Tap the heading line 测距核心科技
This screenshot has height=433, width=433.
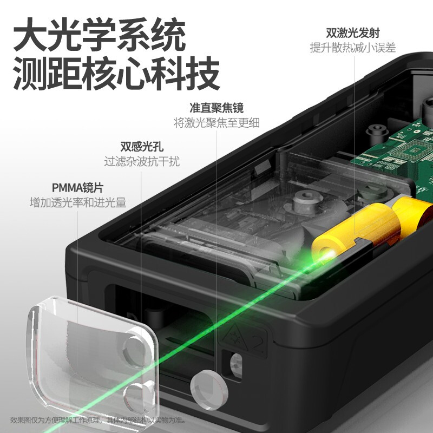click(x=116, y=75)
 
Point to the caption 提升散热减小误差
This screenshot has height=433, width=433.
click(x=352, y=47)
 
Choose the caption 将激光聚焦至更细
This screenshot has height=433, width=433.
click(x=216, y=122)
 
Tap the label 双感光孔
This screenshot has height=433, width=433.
click(x=142, y=146)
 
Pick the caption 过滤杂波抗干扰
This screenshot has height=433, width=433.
click(x=142, y=161)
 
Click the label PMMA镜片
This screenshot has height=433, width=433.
click(x=77, y=188)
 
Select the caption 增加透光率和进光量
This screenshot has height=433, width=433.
click(x=77, y=203)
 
